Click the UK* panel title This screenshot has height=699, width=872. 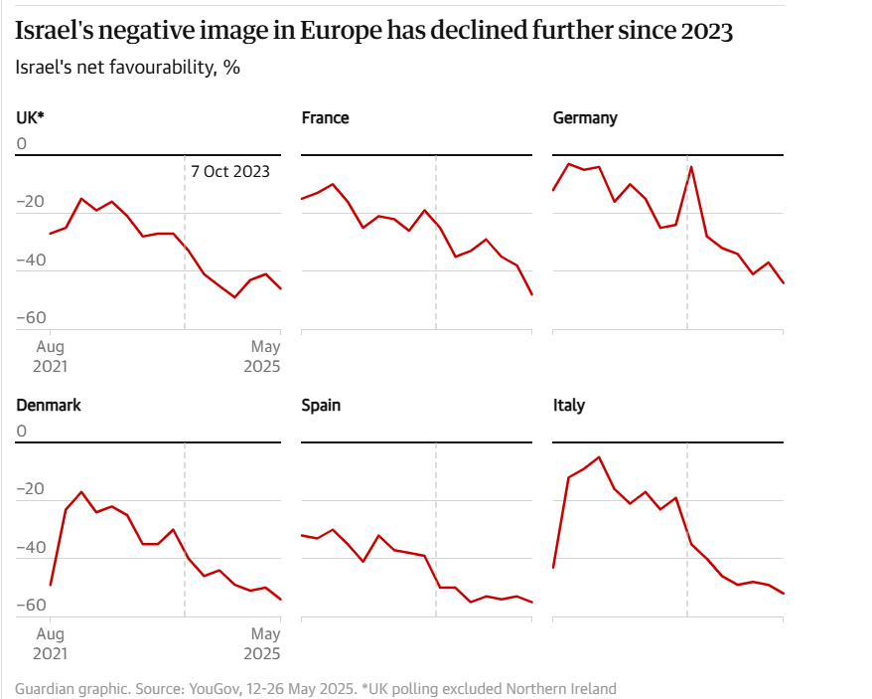point(30,117)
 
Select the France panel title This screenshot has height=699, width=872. point(325,117)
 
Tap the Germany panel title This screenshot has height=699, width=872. point(584,117)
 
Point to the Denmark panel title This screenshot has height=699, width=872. point(49,405)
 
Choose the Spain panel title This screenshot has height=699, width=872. point(321,405)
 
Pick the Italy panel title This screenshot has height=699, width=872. point(568,405)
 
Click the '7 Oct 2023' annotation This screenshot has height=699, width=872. point(230,171)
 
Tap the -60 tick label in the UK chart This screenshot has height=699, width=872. point(31,317)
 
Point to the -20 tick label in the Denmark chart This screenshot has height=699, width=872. point(31,488)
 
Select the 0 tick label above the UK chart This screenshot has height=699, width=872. point(22,144)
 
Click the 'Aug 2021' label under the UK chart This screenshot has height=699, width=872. point(51,356)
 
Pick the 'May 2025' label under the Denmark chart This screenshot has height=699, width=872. point(265,643)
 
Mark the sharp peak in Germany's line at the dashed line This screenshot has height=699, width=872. point(691,166)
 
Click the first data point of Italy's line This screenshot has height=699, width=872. point(553,568)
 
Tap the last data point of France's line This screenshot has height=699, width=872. point(532,295)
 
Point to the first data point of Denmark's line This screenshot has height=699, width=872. point(51,586)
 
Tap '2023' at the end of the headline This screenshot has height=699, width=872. point(707,31)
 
